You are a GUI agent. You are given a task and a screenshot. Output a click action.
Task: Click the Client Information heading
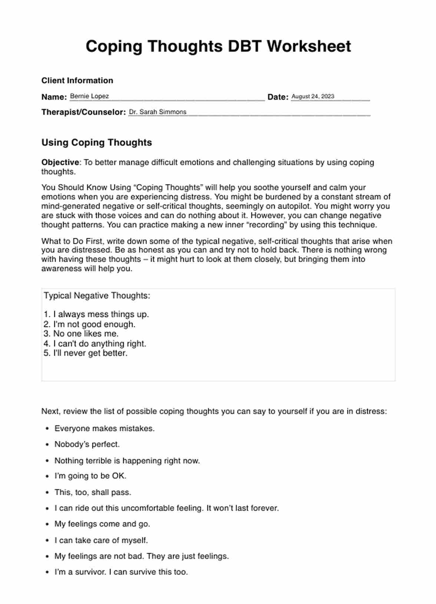coord(77,81)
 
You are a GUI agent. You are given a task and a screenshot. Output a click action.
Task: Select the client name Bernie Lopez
coord(89,96)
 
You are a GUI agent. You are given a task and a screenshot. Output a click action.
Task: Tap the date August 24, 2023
coord(313,96)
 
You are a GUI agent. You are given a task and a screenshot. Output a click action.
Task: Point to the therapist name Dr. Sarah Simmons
coord(158,112)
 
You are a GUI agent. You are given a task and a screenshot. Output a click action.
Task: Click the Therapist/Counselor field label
coord(83,112)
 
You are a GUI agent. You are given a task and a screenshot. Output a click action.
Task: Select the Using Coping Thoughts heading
coord(96,143)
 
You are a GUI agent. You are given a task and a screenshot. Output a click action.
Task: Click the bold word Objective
coord(60,162)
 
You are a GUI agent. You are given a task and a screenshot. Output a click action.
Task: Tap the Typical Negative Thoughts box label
coord(97,296)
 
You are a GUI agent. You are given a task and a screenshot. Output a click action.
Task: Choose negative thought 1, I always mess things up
coord(96,315)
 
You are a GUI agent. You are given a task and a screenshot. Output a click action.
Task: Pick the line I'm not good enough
coord(90,324)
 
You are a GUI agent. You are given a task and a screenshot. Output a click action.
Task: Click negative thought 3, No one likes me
coord(81,333)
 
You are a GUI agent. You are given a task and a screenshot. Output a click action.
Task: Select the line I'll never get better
coord(86,353)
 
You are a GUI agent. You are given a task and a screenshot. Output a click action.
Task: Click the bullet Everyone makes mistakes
coord(104,429)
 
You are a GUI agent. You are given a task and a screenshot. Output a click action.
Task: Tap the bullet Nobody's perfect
coord(87,444)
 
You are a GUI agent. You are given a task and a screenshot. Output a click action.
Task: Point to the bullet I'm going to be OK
coord(90,476)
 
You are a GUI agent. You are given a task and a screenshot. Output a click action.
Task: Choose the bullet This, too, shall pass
coord(93,492)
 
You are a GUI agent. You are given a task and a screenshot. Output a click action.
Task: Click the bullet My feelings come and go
coord(102,524)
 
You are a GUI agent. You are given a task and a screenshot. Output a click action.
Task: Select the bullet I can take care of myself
coord(101,540)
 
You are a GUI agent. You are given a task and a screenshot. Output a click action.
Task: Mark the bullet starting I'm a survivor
coord(121,572)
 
